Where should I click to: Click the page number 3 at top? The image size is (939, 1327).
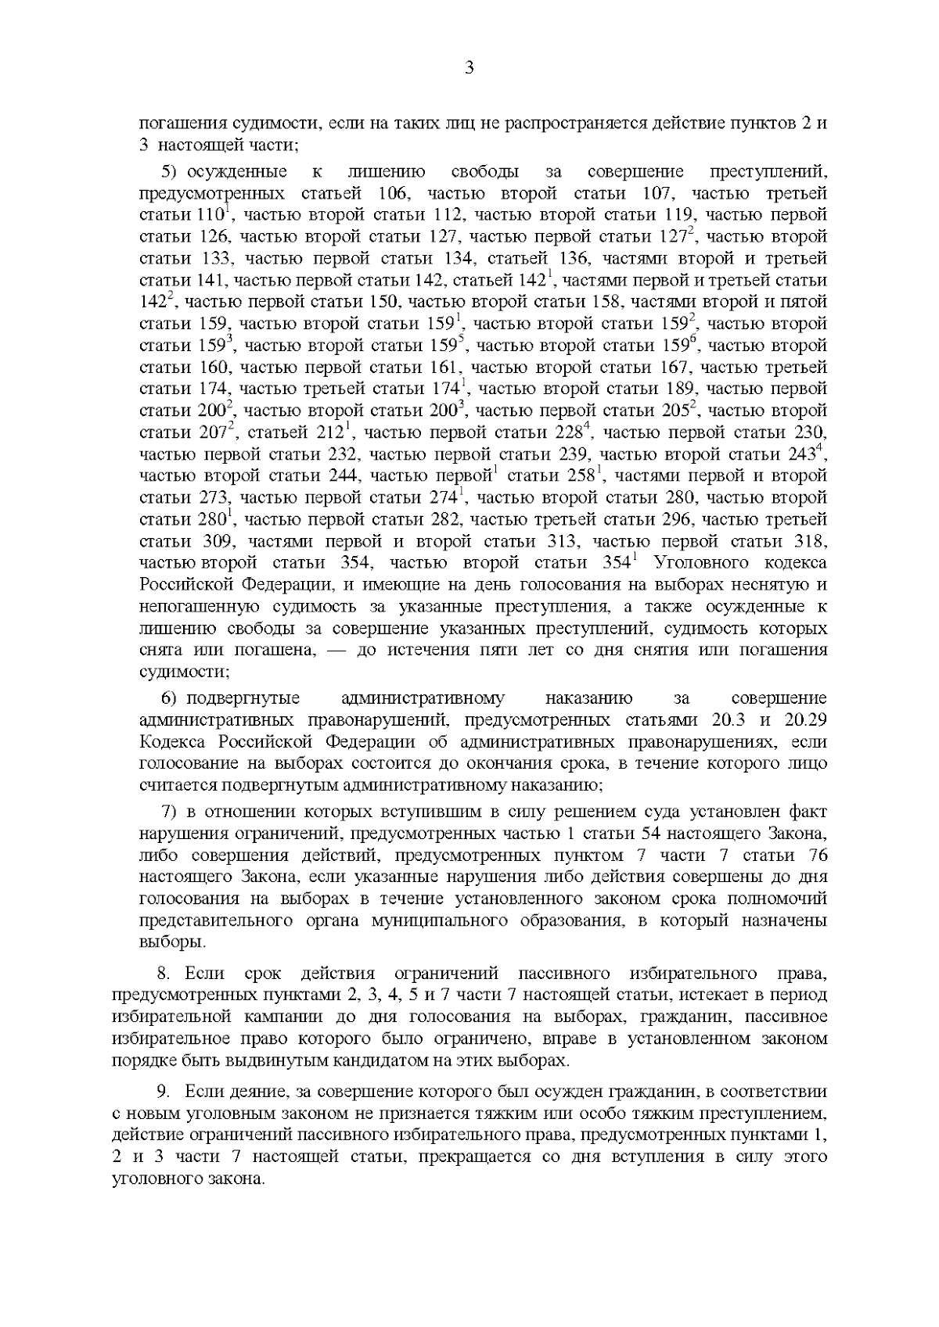469,68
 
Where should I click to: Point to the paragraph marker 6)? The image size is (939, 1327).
171,698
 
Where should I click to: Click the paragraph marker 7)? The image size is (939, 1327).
171,812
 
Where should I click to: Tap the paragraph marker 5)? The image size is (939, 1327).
171,172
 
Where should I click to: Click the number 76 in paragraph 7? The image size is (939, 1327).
815,855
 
